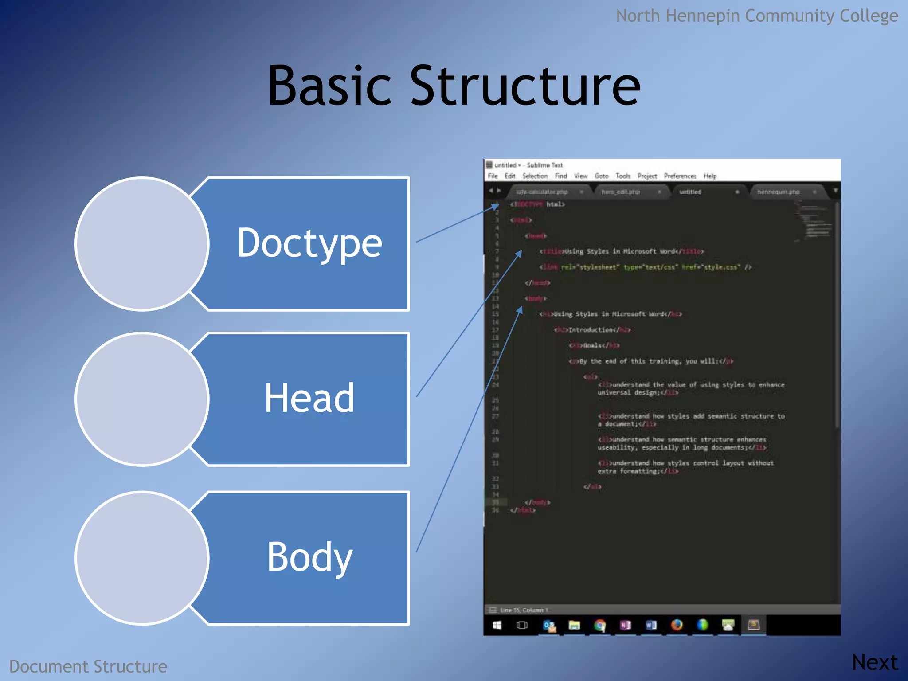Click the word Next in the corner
tap(874, 662)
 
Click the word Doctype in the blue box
tap(309, 243)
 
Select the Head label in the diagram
tap(309, 398)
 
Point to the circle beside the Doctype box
tap(142, 244)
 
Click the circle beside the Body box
tap(142, 558)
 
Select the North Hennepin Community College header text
tap(756, 16)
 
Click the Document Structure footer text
tap(88, 666)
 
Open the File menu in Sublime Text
tap(493, 176)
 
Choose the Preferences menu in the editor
tap(680, 176)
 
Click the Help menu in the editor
tap(710, 176)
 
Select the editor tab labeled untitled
tap(690, 192)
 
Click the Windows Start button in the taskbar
tap(497, 625)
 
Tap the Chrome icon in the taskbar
tap(600, 625)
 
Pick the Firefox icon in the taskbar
tap(677, 625)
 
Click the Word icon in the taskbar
tap(651, 625)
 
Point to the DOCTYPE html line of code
tap(538, 204)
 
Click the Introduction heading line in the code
tap(592, 330)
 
